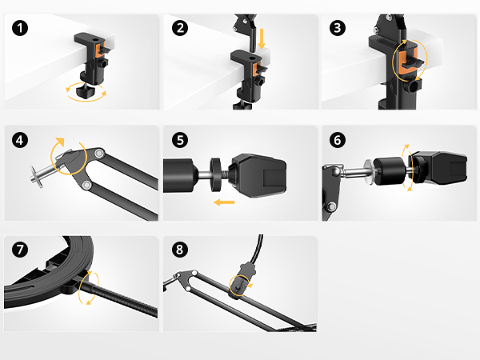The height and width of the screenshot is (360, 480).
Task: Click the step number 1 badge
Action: coord(20,28)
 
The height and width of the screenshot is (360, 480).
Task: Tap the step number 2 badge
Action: coord(180,28)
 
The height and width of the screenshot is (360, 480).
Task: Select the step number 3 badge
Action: coord(338,28)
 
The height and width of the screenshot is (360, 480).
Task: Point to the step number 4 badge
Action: coord(20,140)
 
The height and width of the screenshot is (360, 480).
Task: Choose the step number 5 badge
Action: coord(180,140)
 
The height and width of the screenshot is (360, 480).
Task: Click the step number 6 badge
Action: coord(338,140)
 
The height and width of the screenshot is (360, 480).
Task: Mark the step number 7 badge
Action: coord(20,249)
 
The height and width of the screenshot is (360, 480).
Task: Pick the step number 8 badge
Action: coord(180,249)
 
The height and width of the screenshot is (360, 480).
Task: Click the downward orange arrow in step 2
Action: coord(262,39)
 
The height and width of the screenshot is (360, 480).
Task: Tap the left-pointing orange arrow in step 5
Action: coord(224,202)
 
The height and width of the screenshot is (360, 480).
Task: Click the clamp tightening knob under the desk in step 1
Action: coord(86,91)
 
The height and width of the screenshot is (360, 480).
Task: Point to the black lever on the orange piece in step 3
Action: coord(414,62)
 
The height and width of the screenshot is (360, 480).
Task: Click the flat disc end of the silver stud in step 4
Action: coord(35,177)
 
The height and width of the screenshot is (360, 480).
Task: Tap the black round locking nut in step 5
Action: coord(216,174)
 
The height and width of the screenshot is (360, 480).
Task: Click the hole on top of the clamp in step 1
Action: coord(96,39)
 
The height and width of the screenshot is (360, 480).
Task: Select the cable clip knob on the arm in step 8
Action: coord(238,286)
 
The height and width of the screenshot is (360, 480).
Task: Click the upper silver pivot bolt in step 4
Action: coord(99,153)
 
